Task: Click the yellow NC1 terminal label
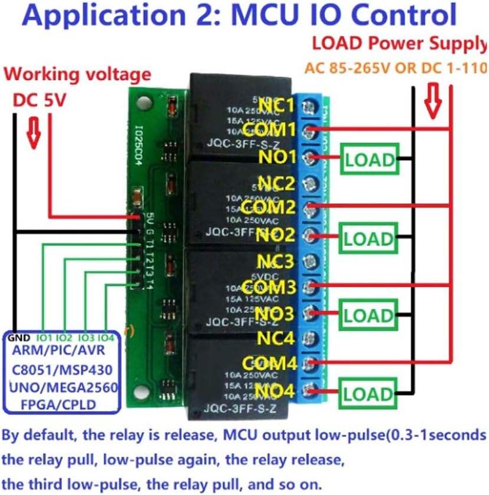(x=275, y=106)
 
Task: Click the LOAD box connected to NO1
(x=369, y=159)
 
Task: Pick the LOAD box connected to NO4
(x=368, y=393)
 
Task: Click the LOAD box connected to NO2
(x=368, y=239)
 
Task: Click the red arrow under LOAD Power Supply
(x=434, y=101)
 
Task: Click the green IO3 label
(x=86, y=338)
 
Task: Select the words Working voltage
(x=78, y=75)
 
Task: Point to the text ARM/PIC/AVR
(x=60, y=351)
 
